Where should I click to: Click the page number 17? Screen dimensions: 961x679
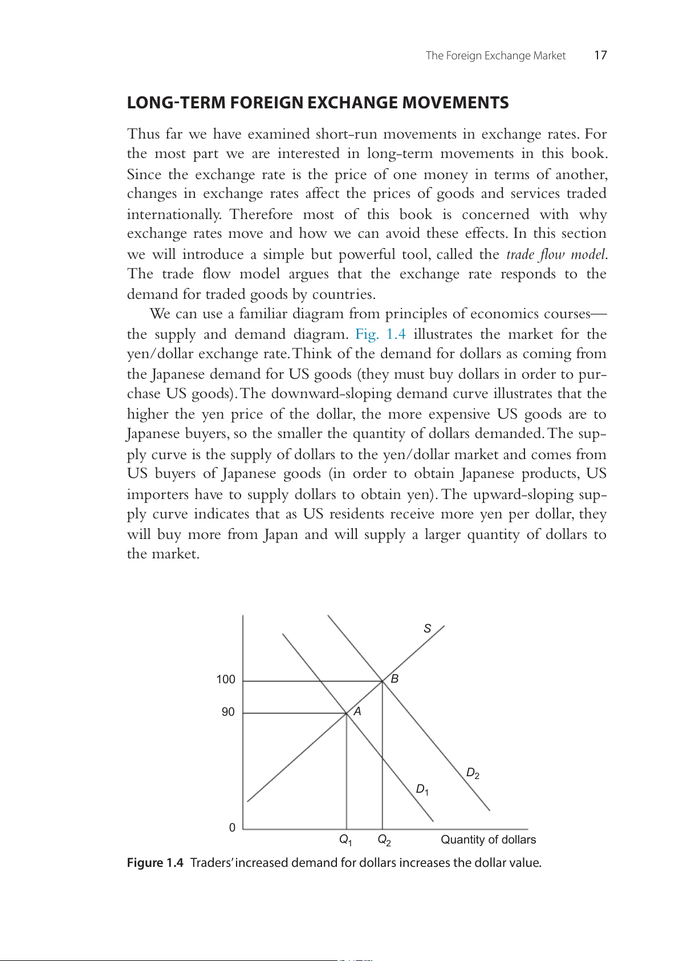click(600, 55)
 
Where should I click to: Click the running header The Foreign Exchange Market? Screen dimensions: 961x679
click(495, 55)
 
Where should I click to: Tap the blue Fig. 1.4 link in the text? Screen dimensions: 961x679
click(380, 334)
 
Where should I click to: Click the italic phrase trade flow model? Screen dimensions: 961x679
click(556, 254)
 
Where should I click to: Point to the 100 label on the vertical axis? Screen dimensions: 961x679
click(226, 679)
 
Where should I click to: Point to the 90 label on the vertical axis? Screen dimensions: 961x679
click(228, 712)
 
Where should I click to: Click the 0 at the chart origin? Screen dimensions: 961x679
click(232, 828)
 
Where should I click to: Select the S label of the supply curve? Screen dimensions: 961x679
click(427, 628)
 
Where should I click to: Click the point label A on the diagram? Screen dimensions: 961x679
click(357, 711)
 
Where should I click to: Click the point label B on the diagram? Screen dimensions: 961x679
click(394, 679)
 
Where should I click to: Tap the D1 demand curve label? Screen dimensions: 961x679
click(422, 790)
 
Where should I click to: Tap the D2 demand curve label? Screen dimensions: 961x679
click(473, 773)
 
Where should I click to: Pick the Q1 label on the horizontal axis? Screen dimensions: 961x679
click(345, 840)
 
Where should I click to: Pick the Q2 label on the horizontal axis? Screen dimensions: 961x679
click(384, 840)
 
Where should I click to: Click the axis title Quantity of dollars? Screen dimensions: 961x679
click(488, 840)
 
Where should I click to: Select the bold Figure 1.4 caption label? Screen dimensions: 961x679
click(155, 862)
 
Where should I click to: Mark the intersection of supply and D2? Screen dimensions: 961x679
click(382, 681)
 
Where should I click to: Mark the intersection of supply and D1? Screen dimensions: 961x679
click(347, 713)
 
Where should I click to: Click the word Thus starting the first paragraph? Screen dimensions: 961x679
click(143, 134)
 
